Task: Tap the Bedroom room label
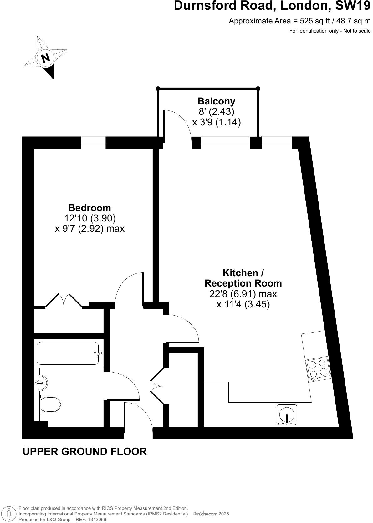pos(89,208)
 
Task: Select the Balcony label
pos(216,101)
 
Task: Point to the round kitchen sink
pos(287,414)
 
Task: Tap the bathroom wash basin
pos(41,382)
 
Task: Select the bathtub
pos(68,353)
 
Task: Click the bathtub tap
pos(98,354)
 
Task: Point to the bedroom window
pos(93,143)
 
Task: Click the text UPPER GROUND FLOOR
pos(84,451)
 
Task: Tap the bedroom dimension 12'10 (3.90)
pos(90,218)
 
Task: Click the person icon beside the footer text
pos(9,514)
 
